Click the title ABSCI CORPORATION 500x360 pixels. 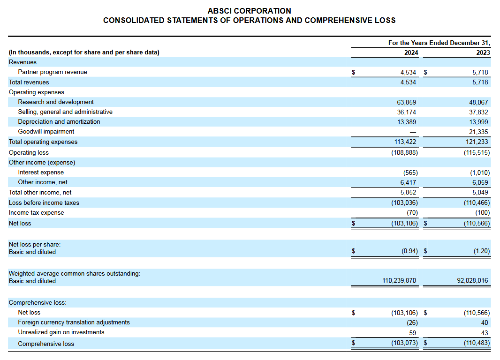coord(249,10)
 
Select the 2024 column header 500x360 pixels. coord(411,52)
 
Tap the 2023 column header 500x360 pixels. coord(483,52)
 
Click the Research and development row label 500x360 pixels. coord(56,102)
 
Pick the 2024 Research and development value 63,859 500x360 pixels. coord(406,102)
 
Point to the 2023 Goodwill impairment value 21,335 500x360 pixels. coord(478,132)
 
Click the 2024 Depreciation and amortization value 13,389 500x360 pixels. coord(406,121)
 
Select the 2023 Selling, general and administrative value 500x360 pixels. coord(478,112)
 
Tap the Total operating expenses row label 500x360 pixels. coord(43,142)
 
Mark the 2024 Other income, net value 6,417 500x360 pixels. coord(408,182)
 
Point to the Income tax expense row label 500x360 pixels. coord(37,212)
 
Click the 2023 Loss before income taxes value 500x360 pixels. coord(477,202)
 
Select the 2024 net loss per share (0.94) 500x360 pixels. coord(409,251)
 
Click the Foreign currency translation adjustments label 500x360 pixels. coord(74,322)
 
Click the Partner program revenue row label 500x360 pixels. coord(53,72)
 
